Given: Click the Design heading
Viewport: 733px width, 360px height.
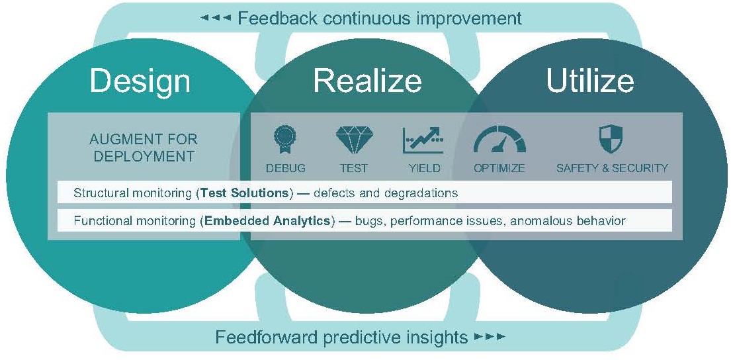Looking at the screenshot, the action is (140, 81).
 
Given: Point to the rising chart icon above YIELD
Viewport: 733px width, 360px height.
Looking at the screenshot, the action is (423, 140).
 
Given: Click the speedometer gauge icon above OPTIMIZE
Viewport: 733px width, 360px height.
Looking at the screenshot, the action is (499, 140).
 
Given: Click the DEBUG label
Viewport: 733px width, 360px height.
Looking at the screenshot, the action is (285, 168).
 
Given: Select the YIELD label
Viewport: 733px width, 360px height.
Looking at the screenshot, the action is (424, 168).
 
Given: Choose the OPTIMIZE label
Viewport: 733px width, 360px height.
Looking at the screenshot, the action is (499, 168).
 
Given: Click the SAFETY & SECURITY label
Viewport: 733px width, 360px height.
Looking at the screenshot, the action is (612, 168).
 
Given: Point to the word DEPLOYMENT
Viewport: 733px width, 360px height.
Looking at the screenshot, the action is (144, 156).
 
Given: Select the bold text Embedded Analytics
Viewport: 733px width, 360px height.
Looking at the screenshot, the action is (267, 220).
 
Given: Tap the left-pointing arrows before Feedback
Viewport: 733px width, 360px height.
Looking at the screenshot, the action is (216, 19).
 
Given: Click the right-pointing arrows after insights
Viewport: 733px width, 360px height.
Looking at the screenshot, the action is (490, 336).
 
